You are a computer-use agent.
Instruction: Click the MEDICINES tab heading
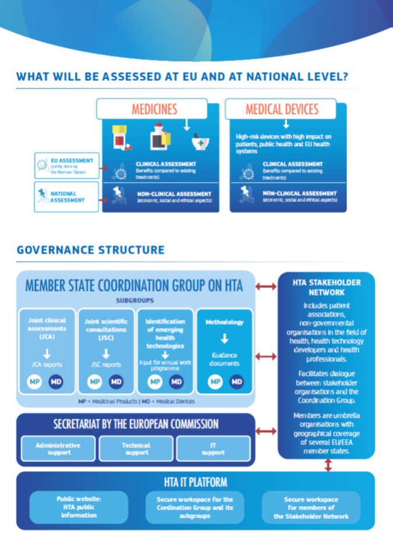coord(154,109)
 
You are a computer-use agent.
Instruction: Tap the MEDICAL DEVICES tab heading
coord(282,109)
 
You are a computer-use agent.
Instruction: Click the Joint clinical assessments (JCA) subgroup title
coord(47,328)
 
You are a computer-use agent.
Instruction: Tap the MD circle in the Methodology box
coord(236,381)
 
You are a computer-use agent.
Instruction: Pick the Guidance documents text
coord(224,359)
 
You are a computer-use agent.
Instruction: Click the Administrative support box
coord(58,448)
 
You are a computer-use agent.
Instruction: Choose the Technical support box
coord(136,448)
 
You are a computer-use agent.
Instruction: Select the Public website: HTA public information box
coord(79,507)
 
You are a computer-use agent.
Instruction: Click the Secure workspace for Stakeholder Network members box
coord(311,507)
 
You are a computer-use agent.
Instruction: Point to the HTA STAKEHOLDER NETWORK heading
coord(326,288)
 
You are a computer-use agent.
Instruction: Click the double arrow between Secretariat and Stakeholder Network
coord(265,432)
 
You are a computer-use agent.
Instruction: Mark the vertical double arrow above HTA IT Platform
coord(328,465)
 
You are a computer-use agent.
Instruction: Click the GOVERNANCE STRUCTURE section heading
coord(90,250)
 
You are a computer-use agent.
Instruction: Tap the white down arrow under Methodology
coord(224,338)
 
